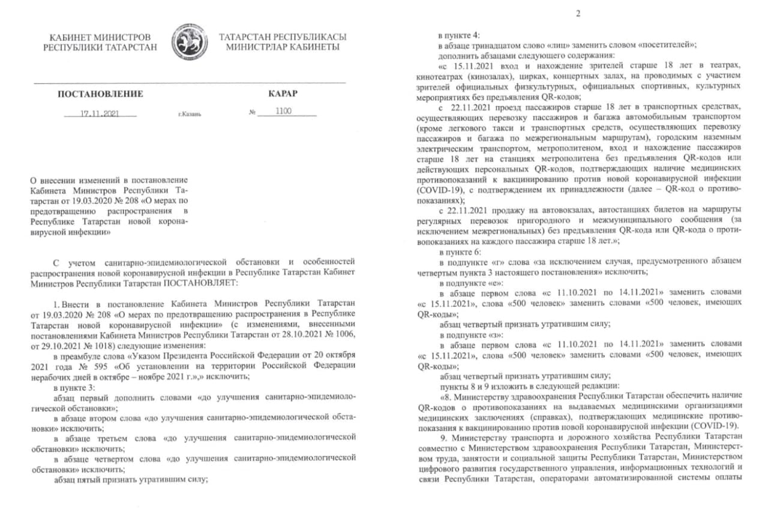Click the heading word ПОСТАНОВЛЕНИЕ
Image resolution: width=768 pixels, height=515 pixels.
click(100, 94)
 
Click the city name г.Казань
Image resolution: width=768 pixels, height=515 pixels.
click(190, 113)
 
